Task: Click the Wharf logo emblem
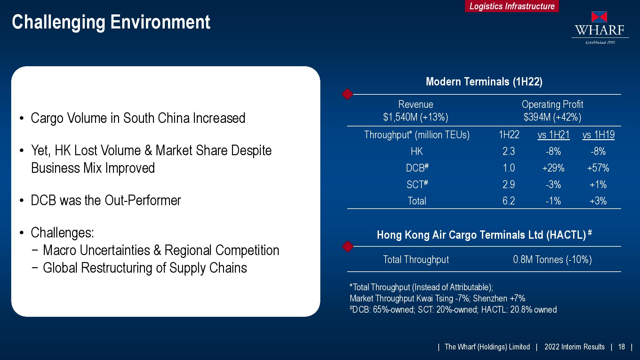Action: tap(599, 17)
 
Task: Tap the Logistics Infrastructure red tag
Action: tap(512, 6)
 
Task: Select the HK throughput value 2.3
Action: tap(509, 151)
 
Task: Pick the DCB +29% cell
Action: tap(553, 168)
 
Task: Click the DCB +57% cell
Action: tap(598, 168)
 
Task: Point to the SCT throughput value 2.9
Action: tap(509, 184)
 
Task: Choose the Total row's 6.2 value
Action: tap(509, 201)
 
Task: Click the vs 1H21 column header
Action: tap(554, 135)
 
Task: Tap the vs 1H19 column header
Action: tap(598, 135)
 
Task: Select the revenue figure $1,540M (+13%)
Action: tap(416, 117)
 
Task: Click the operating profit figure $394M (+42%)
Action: tap(552, 117)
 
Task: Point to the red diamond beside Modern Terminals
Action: tap(348, 94)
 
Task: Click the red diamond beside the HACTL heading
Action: tap(348, 246)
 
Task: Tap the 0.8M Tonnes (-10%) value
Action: tap(552, 260)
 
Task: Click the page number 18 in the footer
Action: tap(621, 347)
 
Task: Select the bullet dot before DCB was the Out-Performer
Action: tap(22, 201)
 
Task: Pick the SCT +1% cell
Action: tap(598, 184)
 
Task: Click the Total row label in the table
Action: tap(417, 201)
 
